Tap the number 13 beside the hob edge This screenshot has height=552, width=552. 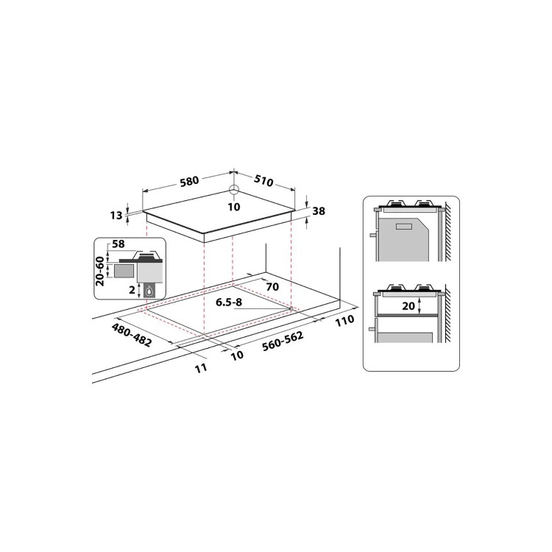point(116,215)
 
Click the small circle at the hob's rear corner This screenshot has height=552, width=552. point(234,190)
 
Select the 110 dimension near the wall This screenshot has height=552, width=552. point(344,320)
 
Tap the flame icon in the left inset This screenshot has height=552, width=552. point(149,291)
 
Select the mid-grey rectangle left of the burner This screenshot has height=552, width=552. point(123,270)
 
